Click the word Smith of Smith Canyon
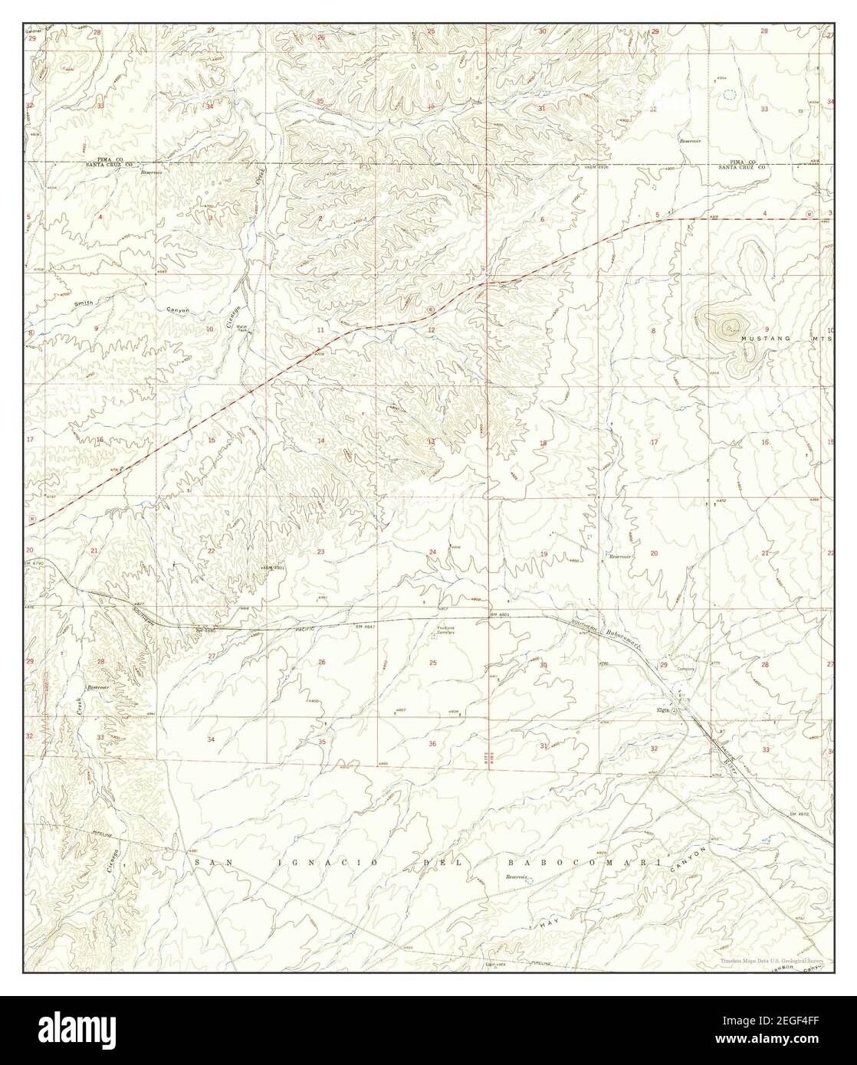(84, 303)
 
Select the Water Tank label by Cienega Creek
(242, 329)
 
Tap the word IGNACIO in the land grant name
(294, 863)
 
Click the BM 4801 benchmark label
(498, 614)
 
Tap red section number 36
(432, 744)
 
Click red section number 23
(321, 552)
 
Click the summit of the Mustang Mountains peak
(723, 326)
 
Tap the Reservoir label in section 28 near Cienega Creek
(98, 687)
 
